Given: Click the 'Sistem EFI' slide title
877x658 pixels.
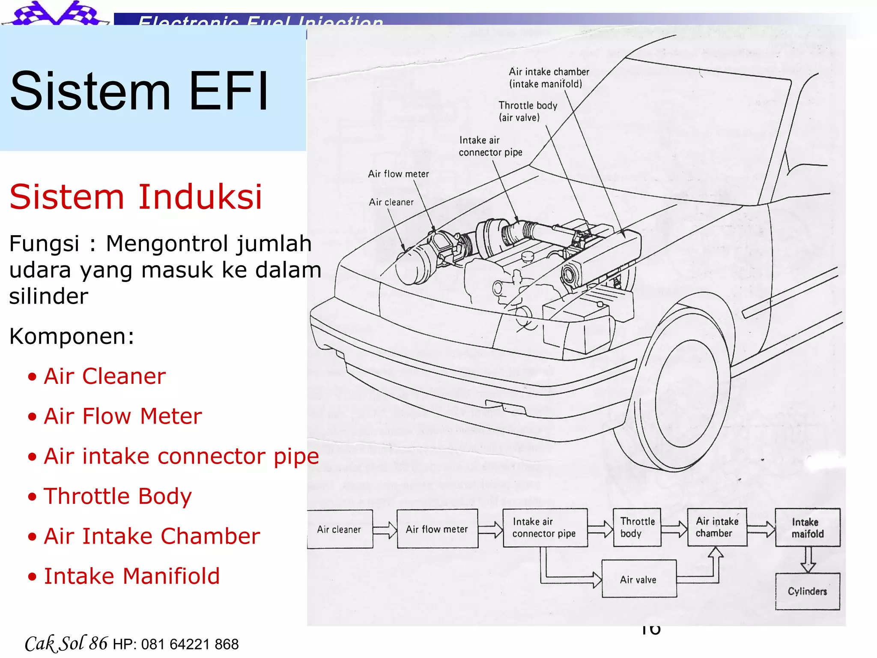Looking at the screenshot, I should (x=139, y=91).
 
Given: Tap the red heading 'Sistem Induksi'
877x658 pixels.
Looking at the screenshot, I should (x=135, y=197).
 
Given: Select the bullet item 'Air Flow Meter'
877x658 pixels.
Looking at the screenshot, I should (x=122, y=416).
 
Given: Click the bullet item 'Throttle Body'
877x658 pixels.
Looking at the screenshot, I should (x=118, y=496).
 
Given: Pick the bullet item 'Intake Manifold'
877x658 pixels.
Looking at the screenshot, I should (x=132, y=576).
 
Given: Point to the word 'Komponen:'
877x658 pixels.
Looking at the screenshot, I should (x=72, y=336).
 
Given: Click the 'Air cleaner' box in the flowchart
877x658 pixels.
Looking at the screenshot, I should (x=339, y=529).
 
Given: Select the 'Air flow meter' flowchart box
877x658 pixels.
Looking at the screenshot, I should (x=437, y=529).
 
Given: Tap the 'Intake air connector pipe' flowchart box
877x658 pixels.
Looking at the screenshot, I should (x=544, y=528).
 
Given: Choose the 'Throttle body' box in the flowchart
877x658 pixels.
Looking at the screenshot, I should (x=637, y=527).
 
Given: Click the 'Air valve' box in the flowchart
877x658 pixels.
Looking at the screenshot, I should (x=638, y=579).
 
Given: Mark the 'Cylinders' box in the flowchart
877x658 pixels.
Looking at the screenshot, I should (x=807, y=591).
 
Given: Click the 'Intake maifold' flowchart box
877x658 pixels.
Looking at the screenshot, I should (x=807, y=527).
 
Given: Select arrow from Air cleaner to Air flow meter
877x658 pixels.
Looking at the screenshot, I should (x=385, y=530).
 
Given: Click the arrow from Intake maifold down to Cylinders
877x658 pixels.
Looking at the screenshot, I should (x=808, y=559).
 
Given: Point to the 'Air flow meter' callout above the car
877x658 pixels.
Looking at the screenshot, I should (x=398, y=173).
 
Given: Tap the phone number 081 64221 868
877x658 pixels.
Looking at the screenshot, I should (x=190, y=644).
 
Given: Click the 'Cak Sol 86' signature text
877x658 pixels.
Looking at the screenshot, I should (x=66, y=643).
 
